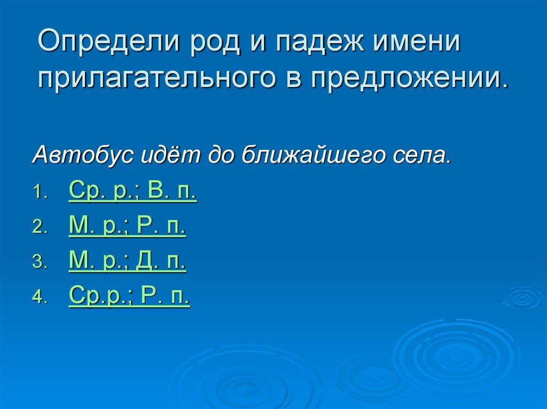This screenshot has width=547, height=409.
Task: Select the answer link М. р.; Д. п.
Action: tap(127, 262)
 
